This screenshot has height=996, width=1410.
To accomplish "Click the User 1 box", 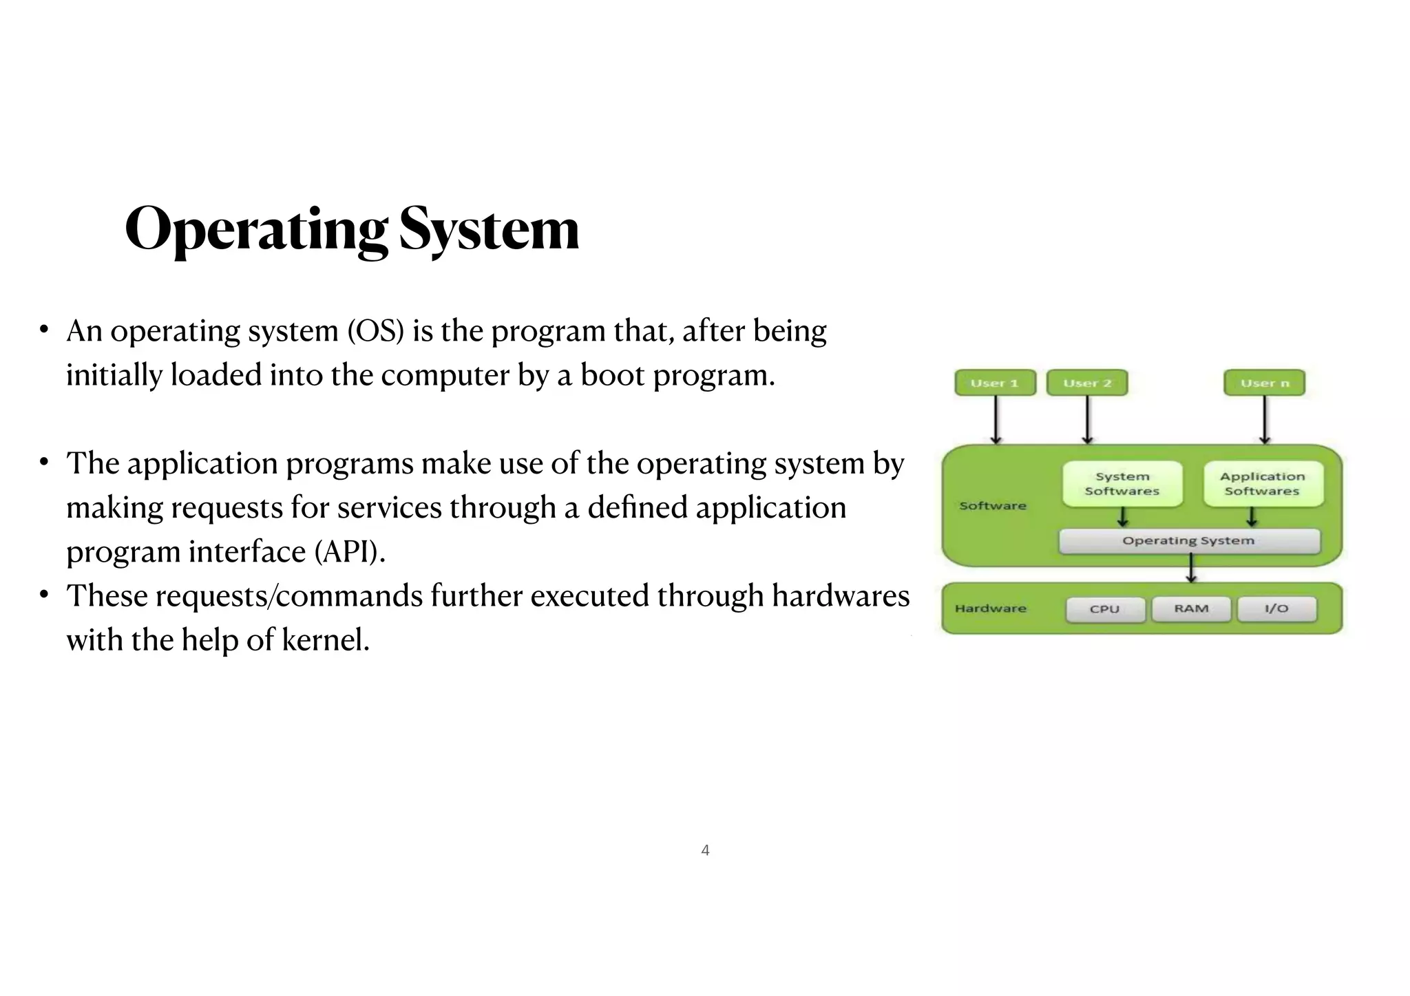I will (995, 383).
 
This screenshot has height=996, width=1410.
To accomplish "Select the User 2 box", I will (1087, 383).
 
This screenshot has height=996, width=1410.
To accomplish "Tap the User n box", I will (1264, 383).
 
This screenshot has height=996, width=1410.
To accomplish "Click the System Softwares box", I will (1122, 484).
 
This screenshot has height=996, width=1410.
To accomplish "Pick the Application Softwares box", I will (1263, 484).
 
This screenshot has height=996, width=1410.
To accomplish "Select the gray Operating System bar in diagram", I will (1189, 541).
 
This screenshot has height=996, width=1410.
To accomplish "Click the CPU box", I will (1105, 609).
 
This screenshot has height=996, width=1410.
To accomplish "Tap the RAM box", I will (1191, 608).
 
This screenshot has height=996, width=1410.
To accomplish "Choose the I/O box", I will (1276, 608).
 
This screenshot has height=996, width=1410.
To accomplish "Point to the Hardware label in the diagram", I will (991, 608).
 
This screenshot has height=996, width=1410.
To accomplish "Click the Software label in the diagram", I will (993, 506).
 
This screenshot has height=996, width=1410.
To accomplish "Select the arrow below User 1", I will (996, 420).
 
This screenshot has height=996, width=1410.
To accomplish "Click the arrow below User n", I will (1265, 420).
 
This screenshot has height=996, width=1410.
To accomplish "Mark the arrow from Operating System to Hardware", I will (1192, 569).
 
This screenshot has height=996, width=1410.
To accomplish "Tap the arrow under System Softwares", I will (1123, 517).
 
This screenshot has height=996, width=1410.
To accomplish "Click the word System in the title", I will (489, 229).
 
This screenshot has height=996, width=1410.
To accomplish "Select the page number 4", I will (705, 851).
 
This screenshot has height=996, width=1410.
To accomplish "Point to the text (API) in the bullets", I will (350, 552).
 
